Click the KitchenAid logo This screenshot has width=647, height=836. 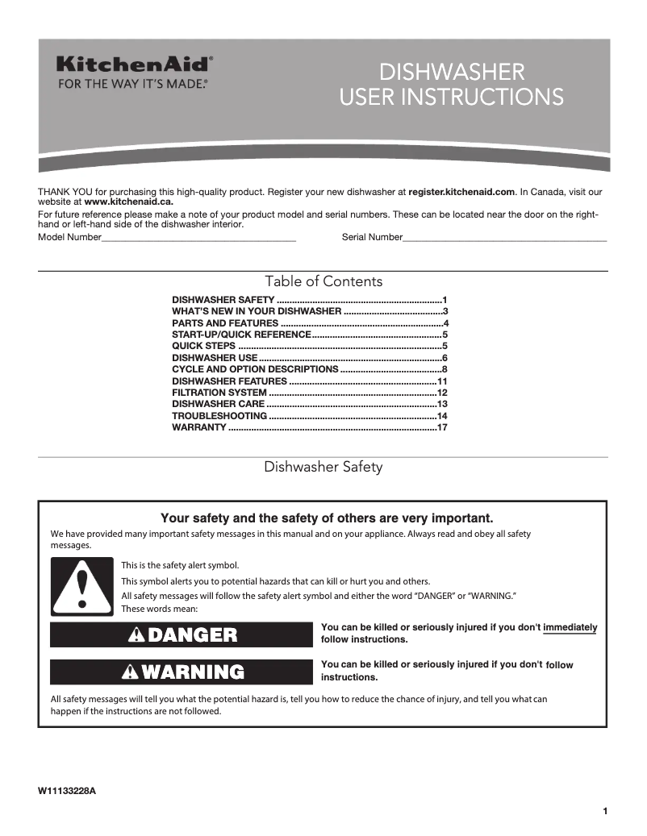click(134, 64)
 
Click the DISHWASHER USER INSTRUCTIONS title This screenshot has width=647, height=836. click(451, 85)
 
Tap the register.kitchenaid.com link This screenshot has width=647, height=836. click(461, 193)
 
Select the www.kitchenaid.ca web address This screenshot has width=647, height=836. click(117, 202)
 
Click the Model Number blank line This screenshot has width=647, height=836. click(198, 239)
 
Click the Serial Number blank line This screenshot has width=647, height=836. click(504, 239)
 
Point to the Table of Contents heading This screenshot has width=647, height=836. click(323, 281)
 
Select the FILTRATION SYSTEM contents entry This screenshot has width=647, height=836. click(219, 393)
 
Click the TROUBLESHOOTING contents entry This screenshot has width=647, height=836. click(219, 416)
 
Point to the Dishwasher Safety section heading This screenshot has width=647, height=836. click(323, 467)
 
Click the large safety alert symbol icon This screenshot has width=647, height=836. click(81, 587)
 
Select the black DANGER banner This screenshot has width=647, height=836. click(182, 634)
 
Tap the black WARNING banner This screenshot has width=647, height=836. click(182, 672)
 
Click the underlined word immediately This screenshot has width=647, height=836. click(570, 628)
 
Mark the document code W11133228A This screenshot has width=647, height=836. click(67, 791)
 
